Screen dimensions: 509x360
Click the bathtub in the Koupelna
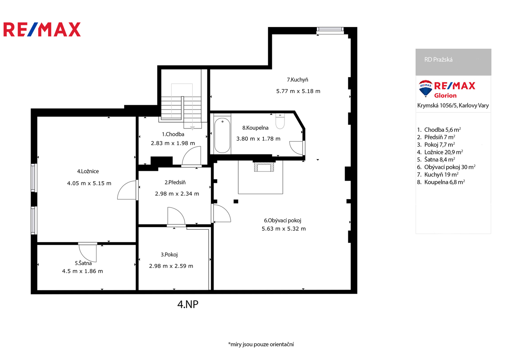(222, 135)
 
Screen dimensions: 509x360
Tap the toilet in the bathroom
(280, 121)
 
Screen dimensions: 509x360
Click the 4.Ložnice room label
(88, 171)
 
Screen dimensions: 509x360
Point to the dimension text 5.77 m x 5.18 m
(298, 91)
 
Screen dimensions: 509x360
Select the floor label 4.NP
(188, 304)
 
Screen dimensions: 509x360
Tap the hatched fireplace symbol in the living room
(264, 167)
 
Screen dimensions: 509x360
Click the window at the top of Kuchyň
(330, 31)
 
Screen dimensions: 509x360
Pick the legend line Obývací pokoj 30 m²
(446, 167)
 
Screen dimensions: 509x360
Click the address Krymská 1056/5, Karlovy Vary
(453, 105)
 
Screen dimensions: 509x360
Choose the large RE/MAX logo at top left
(42, 30)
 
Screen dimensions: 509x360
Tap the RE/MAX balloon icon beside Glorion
(425, 88)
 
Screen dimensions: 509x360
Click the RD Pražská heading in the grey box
(438, 60)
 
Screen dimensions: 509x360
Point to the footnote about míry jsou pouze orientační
(261, 344)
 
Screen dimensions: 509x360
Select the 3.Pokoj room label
(169, 255)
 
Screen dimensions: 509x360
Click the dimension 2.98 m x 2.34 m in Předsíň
(177, 194)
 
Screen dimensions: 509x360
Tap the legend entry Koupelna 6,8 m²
(441, 182)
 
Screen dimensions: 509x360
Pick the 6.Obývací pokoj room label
(283, 220)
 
